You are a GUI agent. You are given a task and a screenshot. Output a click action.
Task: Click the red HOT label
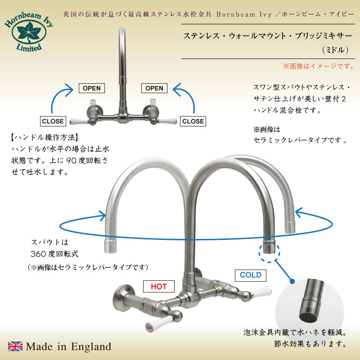click(x=159, y=286)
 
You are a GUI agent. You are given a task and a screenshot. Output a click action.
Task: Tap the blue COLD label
click(x=251, y=275)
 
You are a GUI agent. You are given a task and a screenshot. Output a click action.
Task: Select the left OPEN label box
click(x=92, y=88)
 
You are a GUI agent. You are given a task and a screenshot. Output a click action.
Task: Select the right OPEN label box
click(x=154, y=88)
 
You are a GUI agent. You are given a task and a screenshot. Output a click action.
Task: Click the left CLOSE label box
click(x=53, y=121)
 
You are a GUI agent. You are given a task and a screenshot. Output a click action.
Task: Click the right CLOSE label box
click(x=193, y=121)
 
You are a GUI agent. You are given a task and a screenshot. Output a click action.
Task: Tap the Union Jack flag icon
click(x=15, y=346)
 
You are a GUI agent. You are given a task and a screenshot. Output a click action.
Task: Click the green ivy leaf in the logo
click(x=29, y=32)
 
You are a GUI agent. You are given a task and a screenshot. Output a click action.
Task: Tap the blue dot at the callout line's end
click(x=292, y=281)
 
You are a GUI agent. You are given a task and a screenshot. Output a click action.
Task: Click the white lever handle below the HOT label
click(x=158, y=323)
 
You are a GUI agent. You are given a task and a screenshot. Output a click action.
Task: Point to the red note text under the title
click(x=319, y=66)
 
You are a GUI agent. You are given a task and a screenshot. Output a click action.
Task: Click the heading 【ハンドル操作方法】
click(x=45, y=138)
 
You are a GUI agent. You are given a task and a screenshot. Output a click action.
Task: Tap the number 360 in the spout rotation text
click(x=39, y=254)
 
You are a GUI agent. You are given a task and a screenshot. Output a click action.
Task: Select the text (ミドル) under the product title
click(x=335, y=50)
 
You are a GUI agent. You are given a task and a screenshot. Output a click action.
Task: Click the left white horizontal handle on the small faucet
click(x=78, y=121)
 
